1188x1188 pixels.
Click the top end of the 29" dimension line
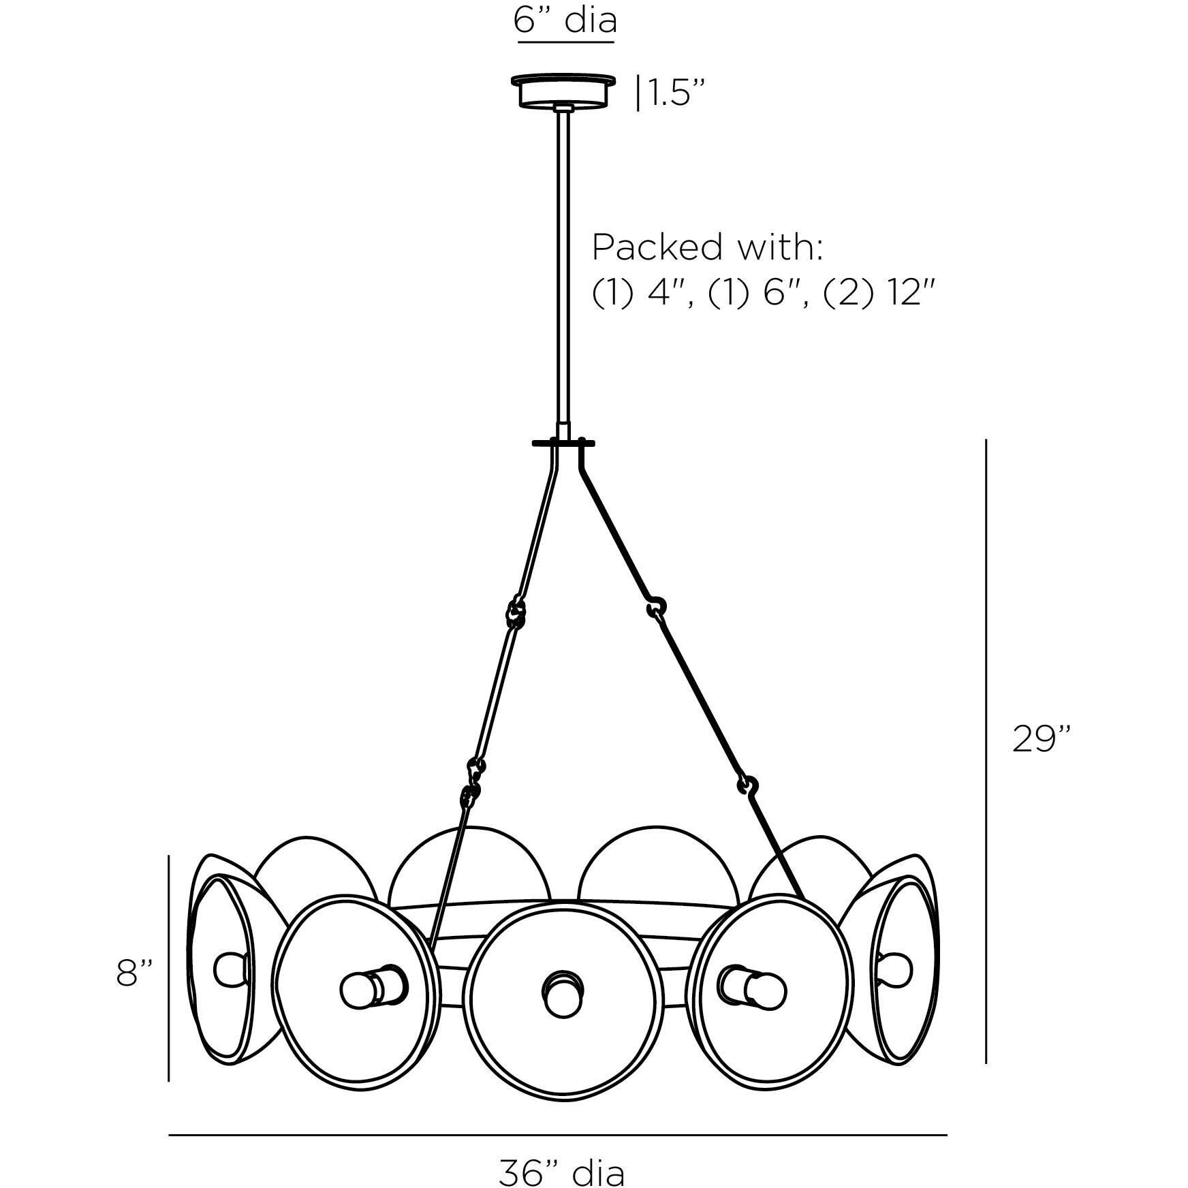click(x=986, y=440)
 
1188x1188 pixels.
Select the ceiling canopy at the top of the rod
click(x=565, y=91)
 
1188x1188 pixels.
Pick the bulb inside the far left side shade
click(x=227, y=969)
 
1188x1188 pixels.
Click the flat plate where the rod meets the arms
click(x=563, y=443)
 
